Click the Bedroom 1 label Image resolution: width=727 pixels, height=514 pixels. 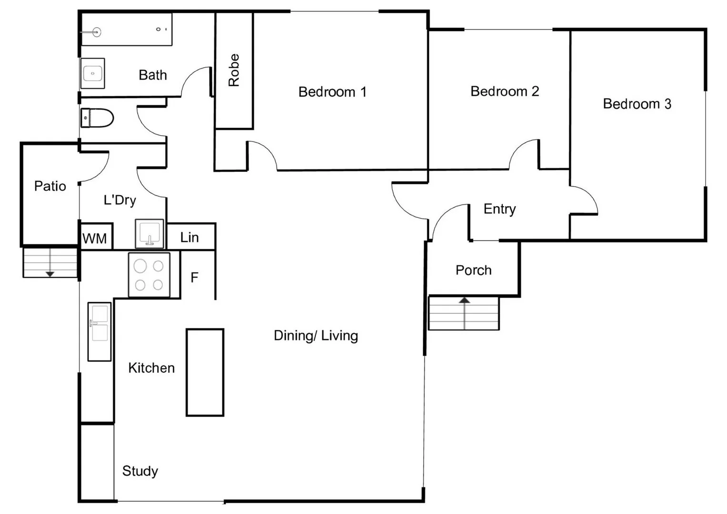click(332, 92)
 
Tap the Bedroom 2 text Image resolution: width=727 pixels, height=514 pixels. click(505, 91)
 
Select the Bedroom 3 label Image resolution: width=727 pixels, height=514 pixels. click(637, 104)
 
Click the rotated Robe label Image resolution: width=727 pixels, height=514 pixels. click(234, 70)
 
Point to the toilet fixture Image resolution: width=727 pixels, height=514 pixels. click(98, 118)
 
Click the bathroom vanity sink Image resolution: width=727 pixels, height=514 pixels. click(92, 74)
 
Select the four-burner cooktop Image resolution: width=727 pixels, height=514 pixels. click(149, 275)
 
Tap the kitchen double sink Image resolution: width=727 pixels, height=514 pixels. click(100, 331)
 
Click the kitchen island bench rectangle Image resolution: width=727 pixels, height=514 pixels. click(205, 372)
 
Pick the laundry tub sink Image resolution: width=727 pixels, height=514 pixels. click(149, 234)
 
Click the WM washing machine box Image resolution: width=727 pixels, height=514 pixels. click(95, 238)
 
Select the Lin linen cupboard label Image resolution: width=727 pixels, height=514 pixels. click(189, 237)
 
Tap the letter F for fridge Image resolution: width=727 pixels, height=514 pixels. click(194, 277)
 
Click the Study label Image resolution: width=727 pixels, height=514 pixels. click(140, 471)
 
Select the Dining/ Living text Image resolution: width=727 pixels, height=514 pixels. click(316, 336)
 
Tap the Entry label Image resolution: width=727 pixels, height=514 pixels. click(499, 209)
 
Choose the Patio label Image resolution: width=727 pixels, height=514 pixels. click(50, 186)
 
